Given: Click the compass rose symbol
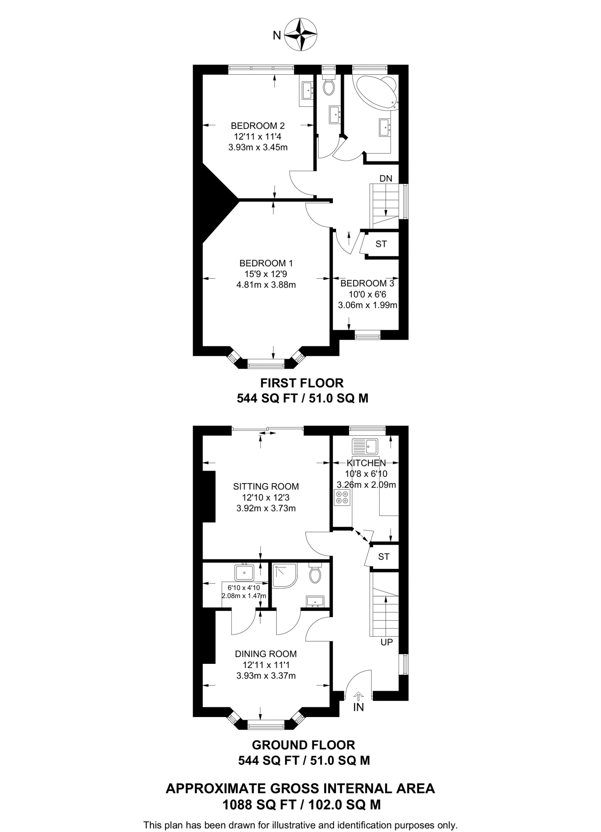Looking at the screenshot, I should (301, 35).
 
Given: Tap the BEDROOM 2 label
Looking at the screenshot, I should (258, 126).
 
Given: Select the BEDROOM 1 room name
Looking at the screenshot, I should (266, 263).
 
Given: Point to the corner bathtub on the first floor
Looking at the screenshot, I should (376, 91).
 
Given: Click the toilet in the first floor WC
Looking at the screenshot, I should (328, 86).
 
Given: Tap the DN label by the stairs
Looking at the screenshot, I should (386, 178).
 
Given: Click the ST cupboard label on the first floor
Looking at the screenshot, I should (381, 244).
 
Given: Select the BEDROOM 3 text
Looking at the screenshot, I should (367, 283).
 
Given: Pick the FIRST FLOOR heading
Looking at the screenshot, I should (302, 383).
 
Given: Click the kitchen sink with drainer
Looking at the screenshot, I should (365, 446).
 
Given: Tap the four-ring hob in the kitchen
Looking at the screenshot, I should (341, 497).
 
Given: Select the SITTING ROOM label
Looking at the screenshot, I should (266, 486).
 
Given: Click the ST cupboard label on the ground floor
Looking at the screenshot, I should (384, 557).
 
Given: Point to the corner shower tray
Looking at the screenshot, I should (284, 575).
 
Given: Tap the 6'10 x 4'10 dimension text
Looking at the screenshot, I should (244, 587).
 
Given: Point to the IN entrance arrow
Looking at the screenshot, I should (358, 695).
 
